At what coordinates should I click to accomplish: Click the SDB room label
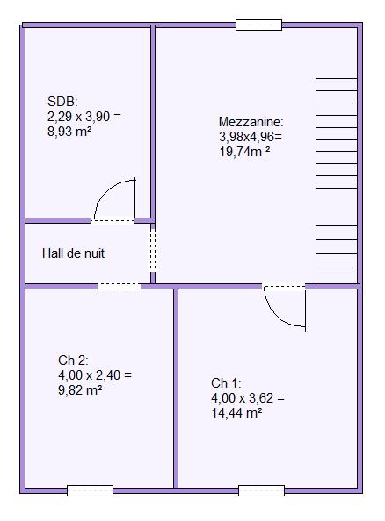pos(62,102)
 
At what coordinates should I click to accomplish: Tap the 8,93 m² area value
pos(69,132)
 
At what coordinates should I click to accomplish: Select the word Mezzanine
pos(251,122)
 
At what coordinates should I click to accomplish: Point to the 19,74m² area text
pos(244,152)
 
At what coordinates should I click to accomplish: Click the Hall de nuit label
pos(73,253)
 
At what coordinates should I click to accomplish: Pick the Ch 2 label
pos(73,360)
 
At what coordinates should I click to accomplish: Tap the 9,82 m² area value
pos(80,390)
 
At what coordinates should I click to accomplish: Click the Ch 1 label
pos(226,383)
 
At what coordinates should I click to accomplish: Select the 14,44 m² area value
pos(236,413)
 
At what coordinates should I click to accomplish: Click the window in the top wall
pos(258,25)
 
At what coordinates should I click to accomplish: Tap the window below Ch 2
pos(90,490)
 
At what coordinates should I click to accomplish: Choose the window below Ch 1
pos(261,490)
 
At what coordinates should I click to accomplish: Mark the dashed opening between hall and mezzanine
pos(153,250)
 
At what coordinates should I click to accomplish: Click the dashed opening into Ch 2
pos(119,286)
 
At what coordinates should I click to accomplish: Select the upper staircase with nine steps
pos(337,133)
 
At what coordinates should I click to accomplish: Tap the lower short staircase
pos(337,254)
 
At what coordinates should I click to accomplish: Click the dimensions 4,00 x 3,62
pos(248,398)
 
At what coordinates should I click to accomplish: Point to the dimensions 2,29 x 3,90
pos(84,117)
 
